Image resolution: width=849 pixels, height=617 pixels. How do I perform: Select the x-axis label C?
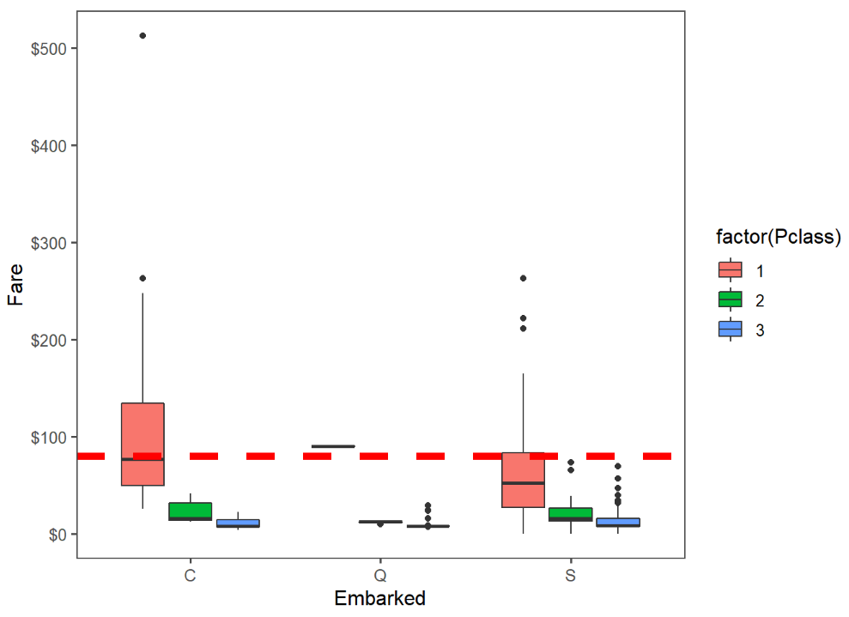190,576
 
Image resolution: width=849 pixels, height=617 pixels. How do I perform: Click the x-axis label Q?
380,576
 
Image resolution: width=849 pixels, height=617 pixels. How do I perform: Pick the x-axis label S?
570,576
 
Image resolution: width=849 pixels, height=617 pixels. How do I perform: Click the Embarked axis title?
380,598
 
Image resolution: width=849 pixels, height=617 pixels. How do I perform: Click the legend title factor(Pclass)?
778,238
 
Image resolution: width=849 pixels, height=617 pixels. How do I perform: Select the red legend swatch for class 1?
730,270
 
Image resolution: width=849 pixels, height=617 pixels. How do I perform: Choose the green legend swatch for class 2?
730,299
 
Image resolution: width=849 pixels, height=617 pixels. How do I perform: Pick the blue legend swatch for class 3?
730,330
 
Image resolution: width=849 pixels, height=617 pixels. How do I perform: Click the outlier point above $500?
143,35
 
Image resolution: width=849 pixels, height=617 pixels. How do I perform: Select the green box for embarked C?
190,511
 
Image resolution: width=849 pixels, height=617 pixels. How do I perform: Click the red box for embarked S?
523,480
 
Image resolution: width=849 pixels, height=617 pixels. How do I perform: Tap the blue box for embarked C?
238,523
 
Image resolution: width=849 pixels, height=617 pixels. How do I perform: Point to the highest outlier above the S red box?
523,278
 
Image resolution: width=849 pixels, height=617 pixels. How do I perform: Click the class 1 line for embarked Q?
333,446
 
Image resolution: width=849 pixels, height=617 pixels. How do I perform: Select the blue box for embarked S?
617,522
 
